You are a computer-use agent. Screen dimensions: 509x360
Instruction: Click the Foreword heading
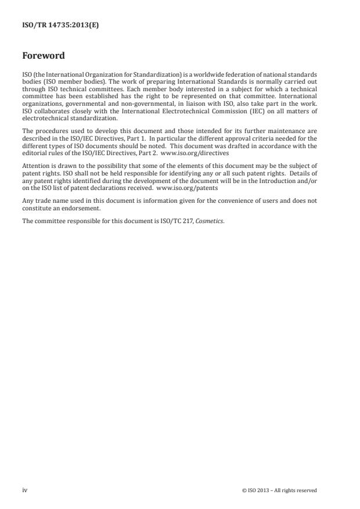click(44, 56)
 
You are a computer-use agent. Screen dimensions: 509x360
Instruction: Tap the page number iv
click(25, 490)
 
